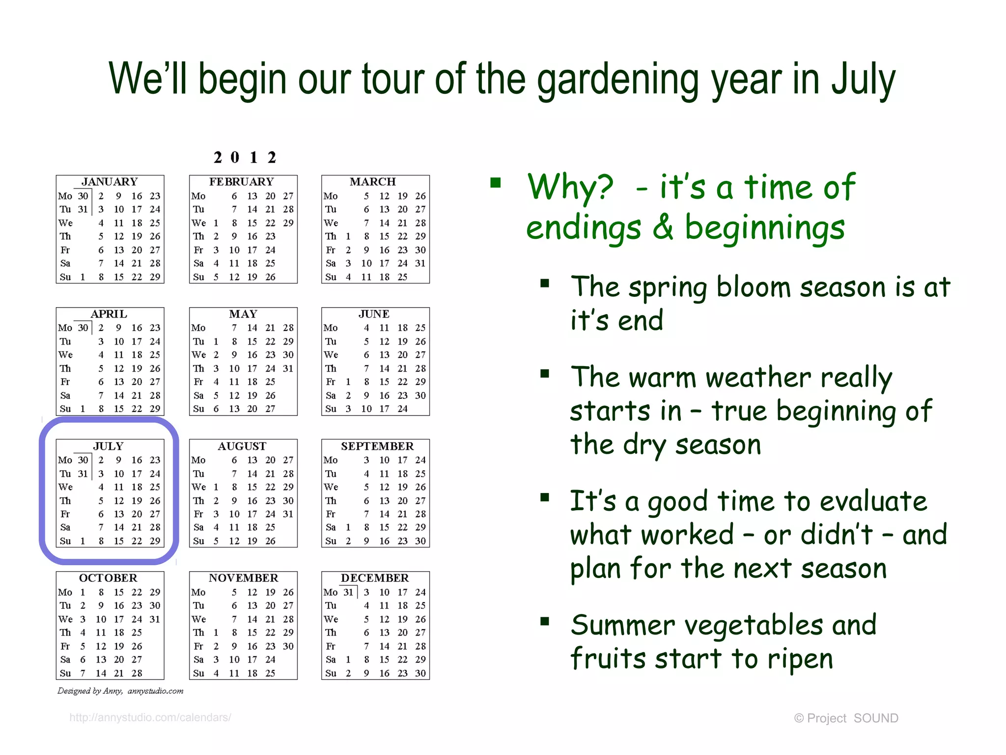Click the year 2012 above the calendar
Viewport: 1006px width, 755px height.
click(x=245, y=157)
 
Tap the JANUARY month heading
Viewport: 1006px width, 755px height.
click(x=110, y=182)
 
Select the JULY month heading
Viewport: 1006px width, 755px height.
click(x=109, y=446)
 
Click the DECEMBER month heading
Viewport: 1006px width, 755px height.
click(x=375, y=578)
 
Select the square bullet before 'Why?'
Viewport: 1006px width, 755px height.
click(x=495, y=183)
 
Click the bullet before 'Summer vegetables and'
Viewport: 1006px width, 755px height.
click(x=544, y=621)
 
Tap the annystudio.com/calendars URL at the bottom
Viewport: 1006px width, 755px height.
click(x=150, y=718)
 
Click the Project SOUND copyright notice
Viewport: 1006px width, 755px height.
click(x=846, y=718)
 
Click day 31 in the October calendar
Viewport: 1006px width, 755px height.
click(x=155, y=619)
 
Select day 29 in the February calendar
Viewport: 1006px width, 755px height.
click(x=288, y=223)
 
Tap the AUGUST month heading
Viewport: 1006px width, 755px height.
click(x=242, y=446)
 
